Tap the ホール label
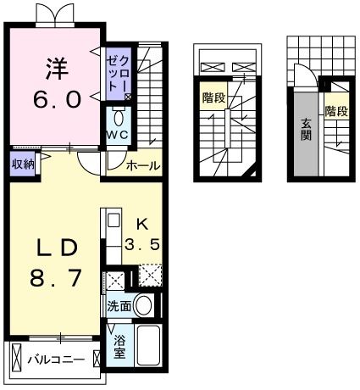(142, 166)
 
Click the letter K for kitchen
(141, 225)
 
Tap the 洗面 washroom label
(118, 305)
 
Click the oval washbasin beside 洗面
(144, 306)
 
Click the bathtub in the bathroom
(149, 346)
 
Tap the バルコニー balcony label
(55, 359)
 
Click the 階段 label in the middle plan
(213, 98)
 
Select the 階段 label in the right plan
(335, 111)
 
